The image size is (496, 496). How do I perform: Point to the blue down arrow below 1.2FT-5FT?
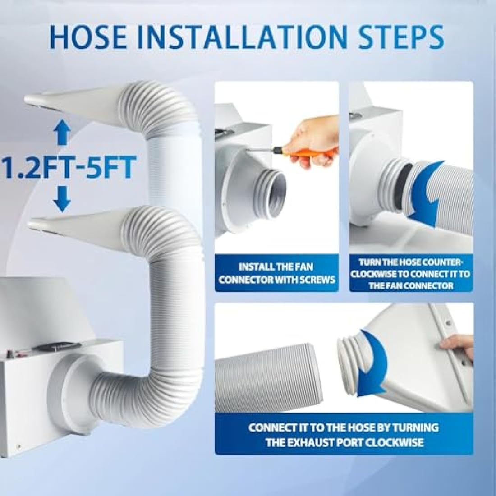tap(62, 199)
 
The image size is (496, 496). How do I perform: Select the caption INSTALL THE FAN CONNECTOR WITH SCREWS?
tap(277, 273)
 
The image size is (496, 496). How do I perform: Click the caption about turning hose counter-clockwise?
tap(411, 274)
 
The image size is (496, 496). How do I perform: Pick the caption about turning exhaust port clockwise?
tap(344, 435)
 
